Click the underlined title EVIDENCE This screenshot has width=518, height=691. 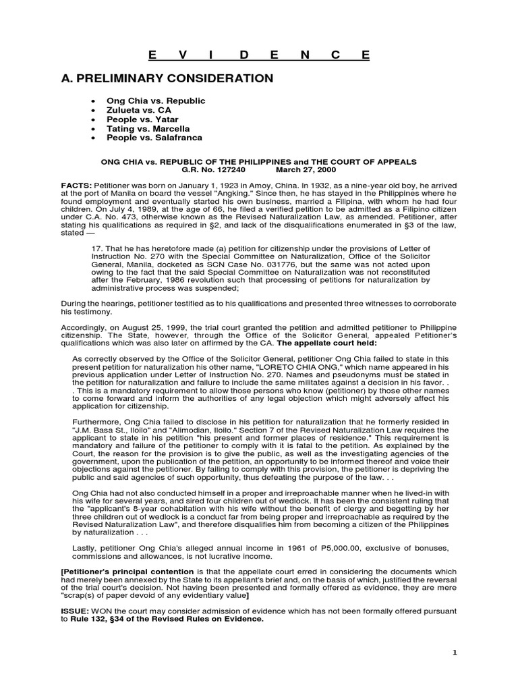coord(259,55)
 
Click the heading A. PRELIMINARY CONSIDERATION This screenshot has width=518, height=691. coord(167,79)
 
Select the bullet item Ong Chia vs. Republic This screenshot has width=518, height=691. coord(156,101)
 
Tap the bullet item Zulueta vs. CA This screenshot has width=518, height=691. coord(140,110)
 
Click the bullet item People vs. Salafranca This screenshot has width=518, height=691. coord(154,138)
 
